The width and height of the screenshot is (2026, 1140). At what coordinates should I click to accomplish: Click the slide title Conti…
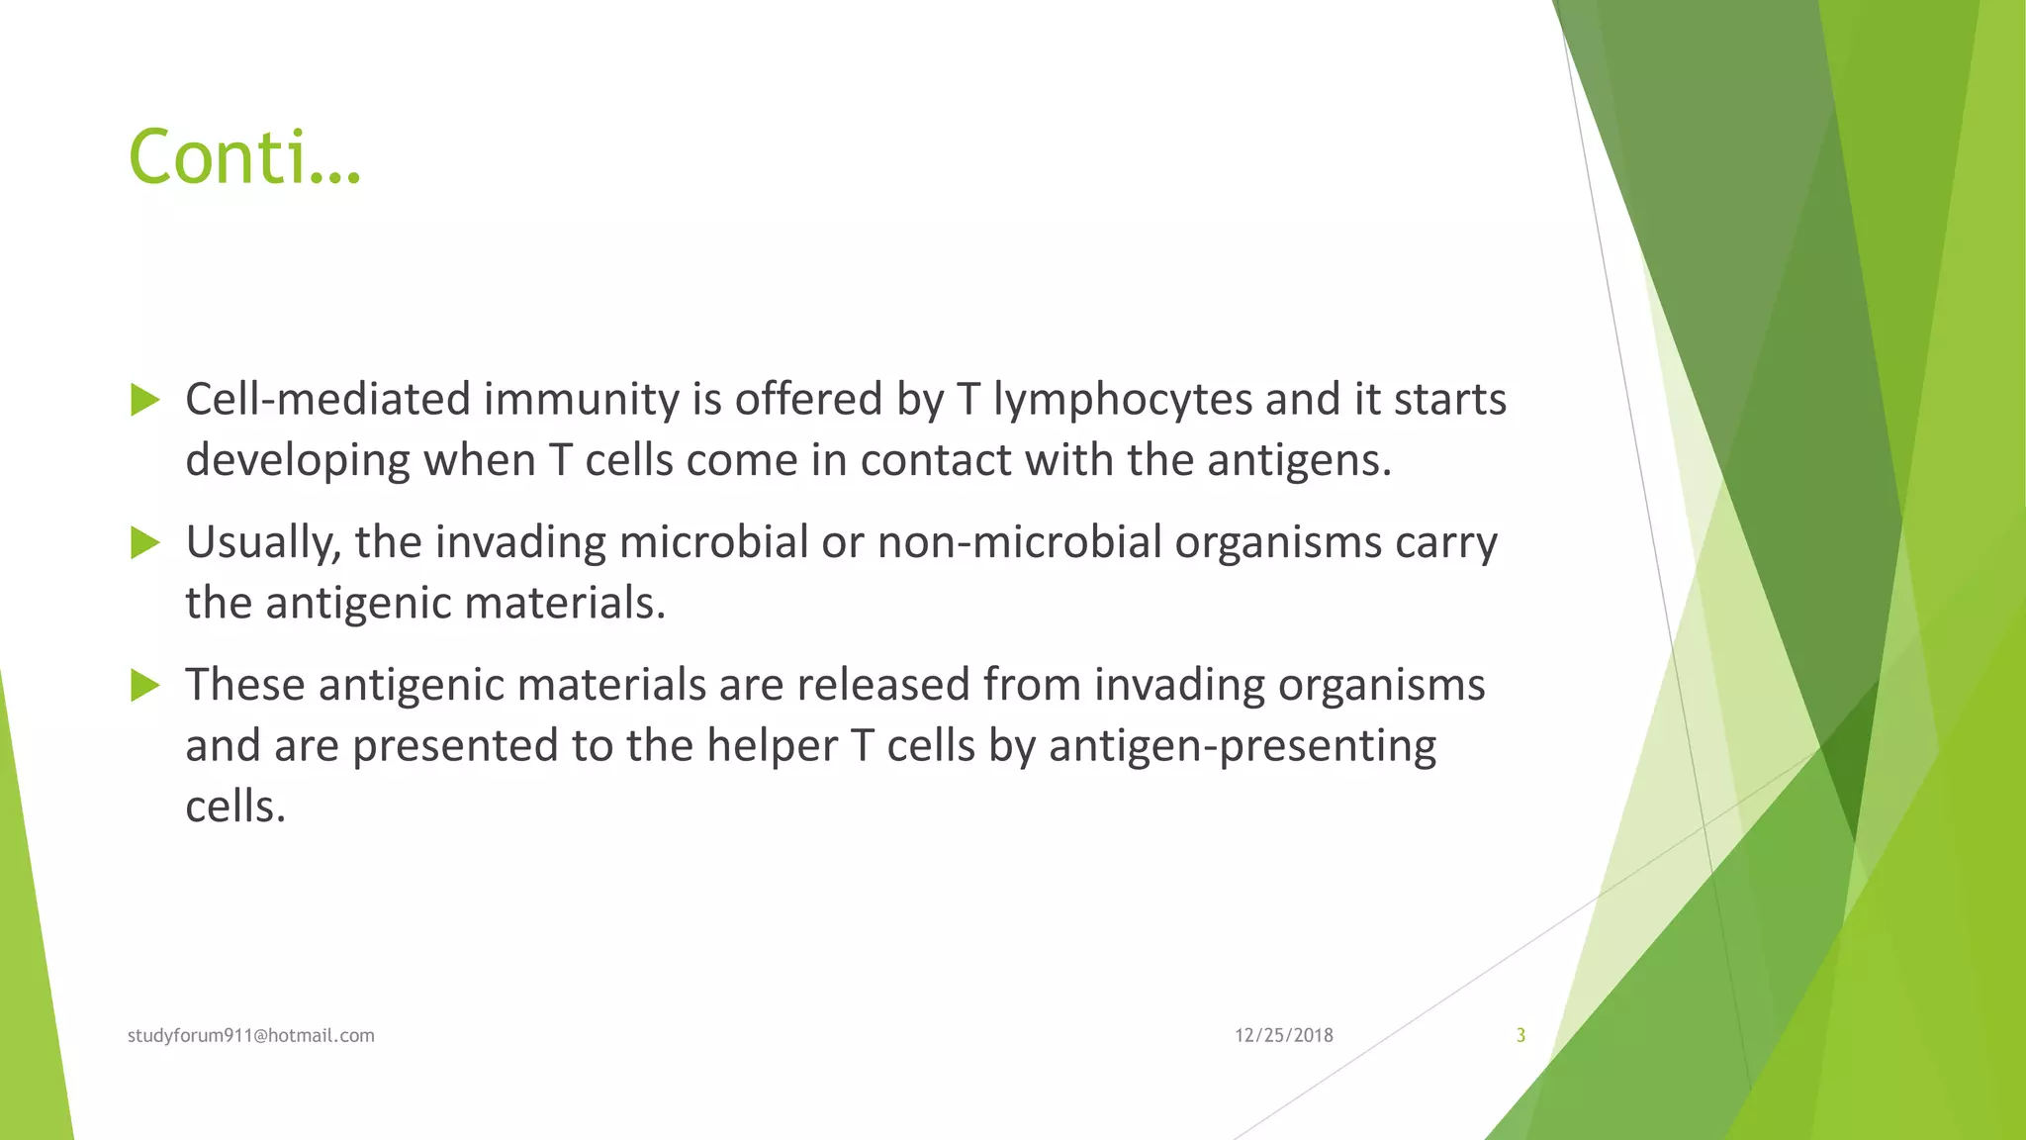244,157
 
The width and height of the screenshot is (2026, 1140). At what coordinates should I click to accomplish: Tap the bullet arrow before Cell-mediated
145,401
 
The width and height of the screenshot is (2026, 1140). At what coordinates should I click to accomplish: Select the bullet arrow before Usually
145,543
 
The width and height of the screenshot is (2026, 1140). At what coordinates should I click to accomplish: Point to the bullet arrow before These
145,686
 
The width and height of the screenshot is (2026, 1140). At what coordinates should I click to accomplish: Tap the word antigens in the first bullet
1298,461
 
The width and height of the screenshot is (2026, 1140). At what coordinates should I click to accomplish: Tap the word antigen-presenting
1242,746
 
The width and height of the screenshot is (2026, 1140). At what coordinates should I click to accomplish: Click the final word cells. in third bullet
235,807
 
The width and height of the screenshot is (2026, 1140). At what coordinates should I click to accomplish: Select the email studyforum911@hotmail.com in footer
251,1035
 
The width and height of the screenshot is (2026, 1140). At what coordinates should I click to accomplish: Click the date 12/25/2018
1283,1035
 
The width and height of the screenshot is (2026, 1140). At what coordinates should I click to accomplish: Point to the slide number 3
1520,1035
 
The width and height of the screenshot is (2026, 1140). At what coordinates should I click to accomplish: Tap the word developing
297,461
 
